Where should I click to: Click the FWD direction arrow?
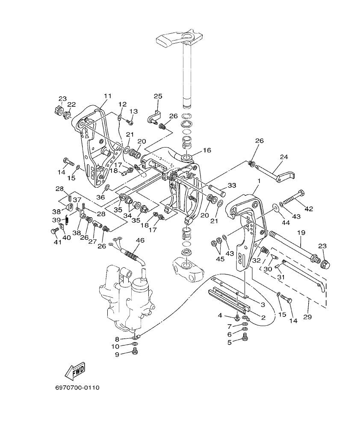[x=75, y=370]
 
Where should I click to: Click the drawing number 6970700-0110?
[x=77, y=388]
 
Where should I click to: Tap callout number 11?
[x=107, y=96]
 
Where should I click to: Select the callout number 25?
[x=158, y=96]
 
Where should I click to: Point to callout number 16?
[x=207, y=151]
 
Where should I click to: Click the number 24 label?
[x=284, y=156]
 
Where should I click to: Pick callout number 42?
[x=308, y=209]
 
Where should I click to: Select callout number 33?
[x=232, y=185]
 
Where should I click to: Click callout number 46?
[x=140, y=241]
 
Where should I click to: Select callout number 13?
[x=134, y=111]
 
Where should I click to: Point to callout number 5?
[x=229, y=342]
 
